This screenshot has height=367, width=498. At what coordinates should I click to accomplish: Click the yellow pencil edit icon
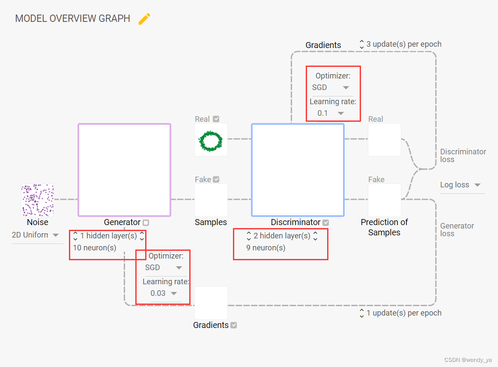144,19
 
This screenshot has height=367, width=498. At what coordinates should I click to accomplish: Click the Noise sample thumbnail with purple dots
38,200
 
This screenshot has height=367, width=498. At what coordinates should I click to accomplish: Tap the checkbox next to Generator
146,223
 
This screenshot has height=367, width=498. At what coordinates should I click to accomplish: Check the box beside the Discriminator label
326,223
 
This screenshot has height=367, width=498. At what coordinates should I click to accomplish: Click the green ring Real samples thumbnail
211,140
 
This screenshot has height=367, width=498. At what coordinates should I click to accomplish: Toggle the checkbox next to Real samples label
216,119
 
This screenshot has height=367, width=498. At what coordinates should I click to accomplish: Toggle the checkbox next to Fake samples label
216,180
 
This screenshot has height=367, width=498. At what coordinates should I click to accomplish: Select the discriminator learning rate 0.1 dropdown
331,113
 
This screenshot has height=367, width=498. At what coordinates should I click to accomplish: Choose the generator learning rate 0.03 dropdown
164,293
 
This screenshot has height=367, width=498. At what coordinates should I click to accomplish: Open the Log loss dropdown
460,185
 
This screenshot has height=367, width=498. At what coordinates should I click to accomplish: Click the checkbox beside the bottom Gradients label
234,325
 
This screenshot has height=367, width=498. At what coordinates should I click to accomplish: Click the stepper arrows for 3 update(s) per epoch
362,44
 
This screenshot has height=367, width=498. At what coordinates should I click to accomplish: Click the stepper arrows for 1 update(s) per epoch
362,313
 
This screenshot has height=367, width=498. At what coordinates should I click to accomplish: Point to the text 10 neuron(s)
95,248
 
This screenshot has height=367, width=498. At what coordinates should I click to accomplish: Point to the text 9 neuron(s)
265,248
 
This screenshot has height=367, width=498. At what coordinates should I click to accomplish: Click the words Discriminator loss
463,156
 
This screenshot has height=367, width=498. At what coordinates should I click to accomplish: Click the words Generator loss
457,230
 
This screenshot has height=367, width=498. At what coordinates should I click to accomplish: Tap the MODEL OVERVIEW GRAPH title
72,19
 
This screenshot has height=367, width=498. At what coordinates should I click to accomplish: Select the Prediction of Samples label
384,227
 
